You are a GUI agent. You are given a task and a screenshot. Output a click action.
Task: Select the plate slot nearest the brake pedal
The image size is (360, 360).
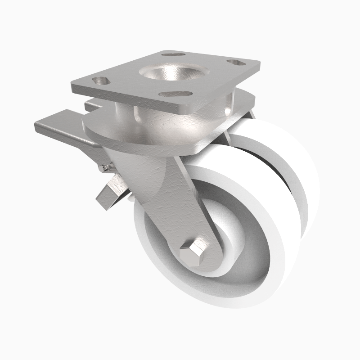(102, 81)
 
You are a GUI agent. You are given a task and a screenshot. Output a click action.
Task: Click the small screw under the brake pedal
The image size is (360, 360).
(104, 168)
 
